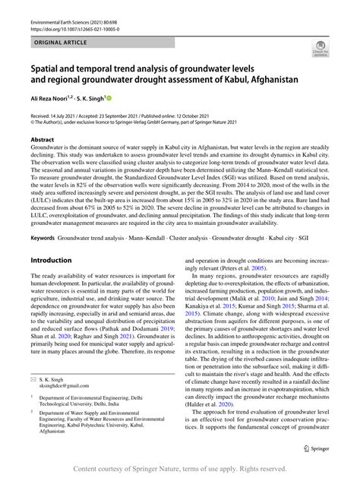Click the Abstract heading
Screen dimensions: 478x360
[42, 140]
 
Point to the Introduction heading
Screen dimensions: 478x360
[51, 260]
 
